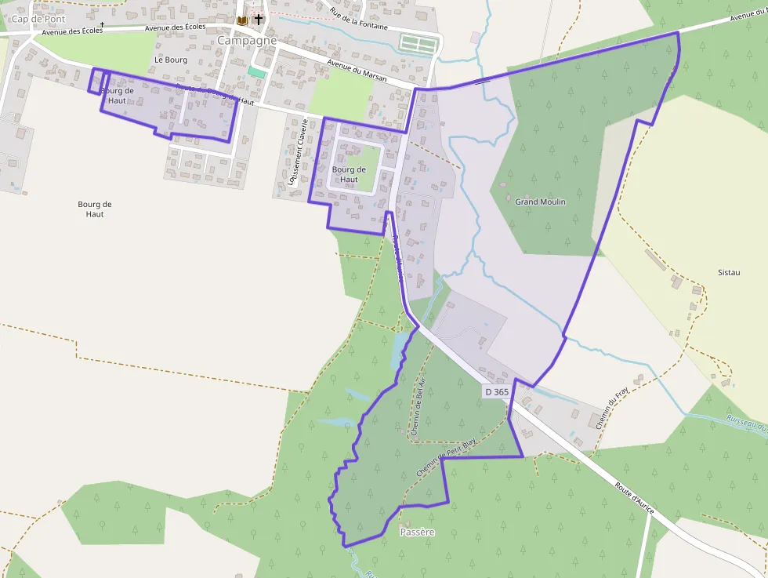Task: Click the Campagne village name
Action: click(247, 40)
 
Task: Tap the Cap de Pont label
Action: click(38, 18)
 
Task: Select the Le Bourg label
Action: click(171, 60)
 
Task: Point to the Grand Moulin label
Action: click(540, 202)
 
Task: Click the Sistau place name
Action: click(729, 272)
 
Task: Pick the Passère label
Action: click(417, 533)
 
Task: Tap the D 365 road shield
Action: click(497, 391)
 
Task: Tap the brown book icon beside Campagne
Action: click(241, 20)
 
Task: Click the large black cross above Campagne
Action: click(259, 18)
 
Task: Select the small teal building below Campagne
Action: click(256, 71)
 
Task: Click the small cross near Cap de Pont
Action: click(102, 24)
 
